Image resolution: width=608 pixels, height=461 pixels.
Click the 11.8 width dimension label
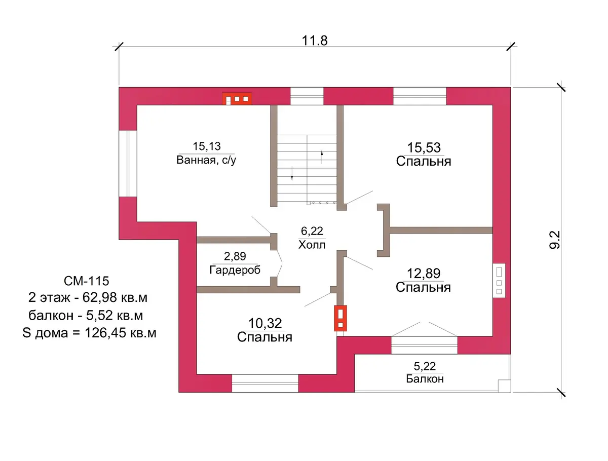point(315,41)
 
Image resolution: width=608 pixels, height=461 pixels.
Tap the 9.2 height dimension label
point(554,240)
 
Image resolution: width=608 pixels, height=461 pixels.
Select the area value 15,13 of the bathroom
point(207,146)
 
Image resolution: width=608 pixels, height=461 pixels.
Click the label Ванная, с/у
point(206,160)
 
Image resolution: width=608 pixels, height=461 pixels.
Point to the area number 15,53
point(424,147)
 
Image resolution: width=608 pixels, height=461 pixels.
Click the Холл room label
point(312,245)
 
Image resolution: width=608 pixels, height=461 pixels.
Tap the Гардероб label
point(235,270)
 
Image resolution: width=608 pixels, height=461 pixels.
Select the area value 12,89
point(424,274)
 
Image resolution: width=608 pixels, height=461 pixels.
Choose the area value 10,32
point(265,323)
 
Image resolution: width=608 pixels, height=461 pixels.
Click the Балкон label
point(425,379)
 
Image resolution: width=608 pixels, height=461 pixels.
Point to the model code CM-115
point(87,281)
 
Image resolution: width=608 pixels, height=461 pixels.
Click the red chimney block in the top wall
point(237,99)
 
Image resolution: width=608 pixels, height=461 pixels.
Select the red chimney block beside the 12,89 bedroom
point(340,318)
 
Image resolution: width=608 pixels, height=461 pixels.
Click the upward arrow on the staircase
point(322,157)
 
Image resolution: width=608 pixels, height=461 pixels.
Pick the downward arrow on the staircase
point(292,174)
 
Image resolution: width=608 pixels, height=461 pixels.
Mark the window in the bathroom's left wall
point(128,163)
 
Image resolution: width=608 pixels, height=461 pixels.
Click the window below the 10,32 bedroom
point(265,383)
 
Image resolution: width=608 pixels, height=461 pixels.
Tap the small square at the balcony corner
point(505,386)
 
